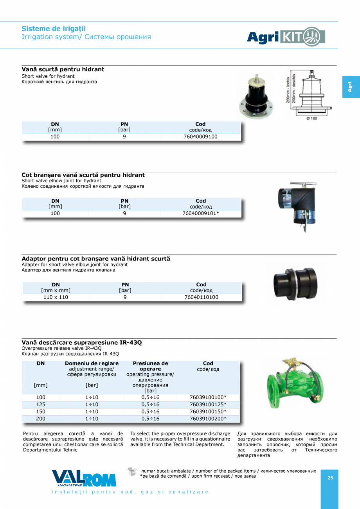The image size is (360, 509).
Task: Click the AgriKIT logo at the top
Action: pyautogui.click(x=286, y=37)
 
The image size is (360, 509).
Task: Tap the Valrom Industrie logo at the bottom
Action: pyautogui.click(x=84, y=478)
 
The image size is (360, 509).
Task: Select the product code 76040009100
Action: pyautogui.click(x=200, y=137)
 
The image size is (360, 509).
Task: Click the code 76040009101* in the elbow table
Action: pyautogui.click(x=201, y=214)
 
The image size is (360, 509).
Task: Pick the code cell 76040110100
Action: pyautogui.click(x=201, y=297)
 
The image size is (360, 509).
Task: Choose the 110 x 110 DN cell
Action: pyautogui.click(x=56, y=297)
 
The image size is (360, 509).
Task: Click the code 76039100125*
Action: pyautogui.click(x=208, y=405)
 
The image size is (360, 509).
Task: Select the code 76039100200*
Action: pyautogui.click(x=208, y=419)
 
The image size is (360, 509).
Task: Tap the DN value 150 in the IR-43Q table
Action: pyautogui.click(x=41, y=412)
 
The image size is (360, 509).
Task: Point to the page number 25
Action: pyautogui.click(x=330, y=478)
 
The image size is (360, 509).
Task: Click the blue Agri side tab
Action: pyautogui.click(x=351, y=87)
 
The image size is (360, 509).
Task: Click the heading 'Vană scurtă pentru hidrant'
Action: pyautogui.click(x=63, y=69)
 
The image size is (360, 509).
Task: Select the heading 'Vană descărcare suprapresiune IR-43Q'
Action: pyautogui.click(x=81, y=343)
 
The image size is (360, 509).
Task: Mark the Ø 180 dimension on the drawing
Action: pyautogui.click(x=311, y=118)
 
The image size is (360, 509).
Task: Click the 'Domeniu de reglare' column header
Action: pyautogui.click(x=92, y=363)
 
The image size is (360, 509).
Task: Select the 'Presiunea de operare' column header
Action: pyautogui.click(x=150, y=366)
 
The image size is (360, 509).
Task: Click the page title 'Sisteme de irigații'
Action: pyautogui.click(x=54, y=29)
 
